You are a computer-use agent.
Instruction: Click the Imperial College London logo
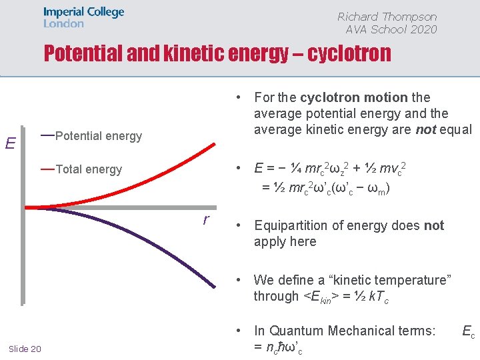tap(83, 17)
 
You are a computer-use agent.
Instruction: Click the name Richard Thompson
tap(387, 17)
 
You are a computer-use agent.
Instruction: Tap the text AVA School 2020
tap(391, 29)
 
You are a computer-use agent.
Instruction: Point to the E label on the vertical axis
tap(10, 143)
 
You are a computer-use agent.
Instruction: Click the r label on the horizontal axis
tap(206, 218)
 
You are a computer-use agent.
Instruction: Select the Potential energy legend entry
tap(98, 136)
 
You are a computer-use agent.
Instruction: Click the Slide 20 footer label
tap(25, 349)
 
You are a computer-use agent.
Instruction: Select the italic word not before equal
tap(425, 129)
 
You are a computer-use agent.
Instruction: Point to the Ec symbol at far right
tap(468, 331)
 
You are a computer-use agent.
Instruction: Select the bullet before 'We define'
tap(241, 280)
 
